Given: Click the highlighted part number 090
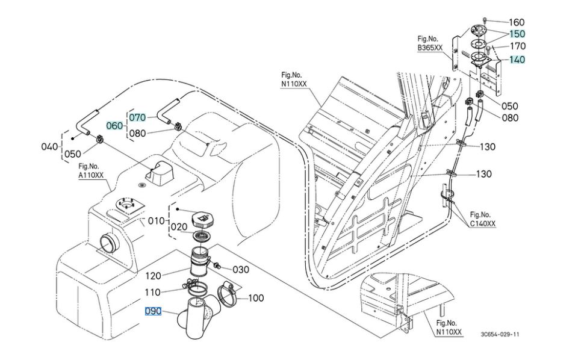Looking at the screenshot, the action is pos(153,311).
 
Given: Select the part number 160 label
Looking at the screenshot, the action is pos(517,22).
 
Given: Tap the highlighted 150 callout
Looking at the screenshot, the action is pos(517,34).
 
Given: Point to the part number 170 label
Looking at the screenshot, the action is pos(518,46).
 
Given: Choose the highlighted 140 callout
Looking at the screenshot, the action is pos(517,59).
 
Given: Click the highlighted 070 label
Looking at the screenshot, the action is pos(137,117).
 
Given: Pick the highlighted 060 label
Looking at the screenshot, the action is pos(114,126).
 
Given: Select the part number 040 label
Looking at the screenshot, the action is pos(49,146).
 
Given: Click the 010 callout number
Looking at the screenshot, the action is pos(156,221).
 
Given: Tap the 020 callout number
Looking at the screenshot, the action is pos(179,227).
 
